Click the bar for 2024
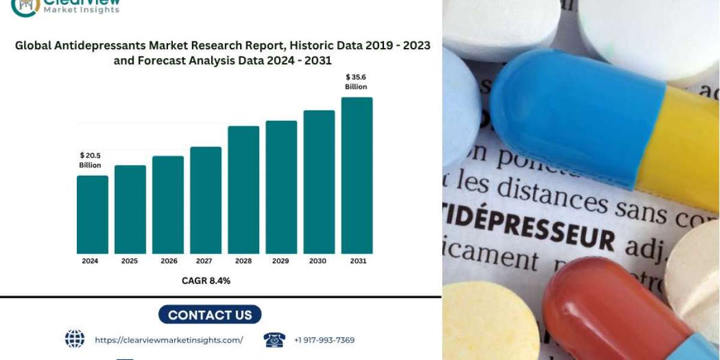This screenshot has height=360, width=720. pyautogui.click(x=92, y=214)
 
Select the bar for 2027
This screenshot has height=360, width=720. pyautogui.click(x=206, y=200)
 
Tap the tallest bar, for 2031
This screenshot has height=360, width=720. pyautogui.click(x=357, y=175)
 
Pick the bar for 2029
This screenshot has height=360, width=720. pyautogui.click(x=281, y=187)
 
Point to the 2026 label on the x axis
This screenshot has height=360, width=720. pyautogui.click(x=168, y=261)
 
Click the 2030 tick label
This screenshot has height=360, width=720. pyautogui.click(x=319, y=261)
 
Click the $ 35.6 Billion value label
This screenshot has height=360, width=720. pyautogui.click(x=356, y=82)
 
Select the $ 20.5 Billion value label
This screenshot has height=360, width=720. pyautogui.click(x=90, y=160)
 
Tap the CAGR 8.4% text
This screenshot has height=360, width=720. pyautogui.click(x=206, y=281)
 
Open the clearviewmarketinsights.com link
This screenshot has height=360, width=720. pyautogui.click(x=169, y=340)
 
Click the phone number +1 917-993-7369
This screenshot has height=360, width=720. pyautogui.click(x=324, y=340)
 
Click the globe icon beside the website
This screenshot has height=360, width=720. pyautogui.click(x=74, y=339)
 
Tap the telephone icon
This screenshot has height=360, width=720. pyautogui.click(x=274, y=340)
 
